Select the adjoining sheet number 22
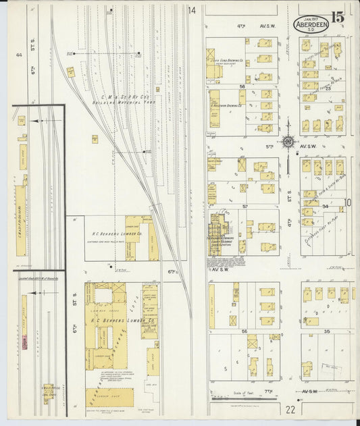290,409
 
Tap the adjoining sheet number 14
192,10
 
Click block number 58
241,87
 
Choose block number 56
244,332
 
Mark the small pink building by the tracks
24,344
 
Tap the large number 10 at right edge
349,203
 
